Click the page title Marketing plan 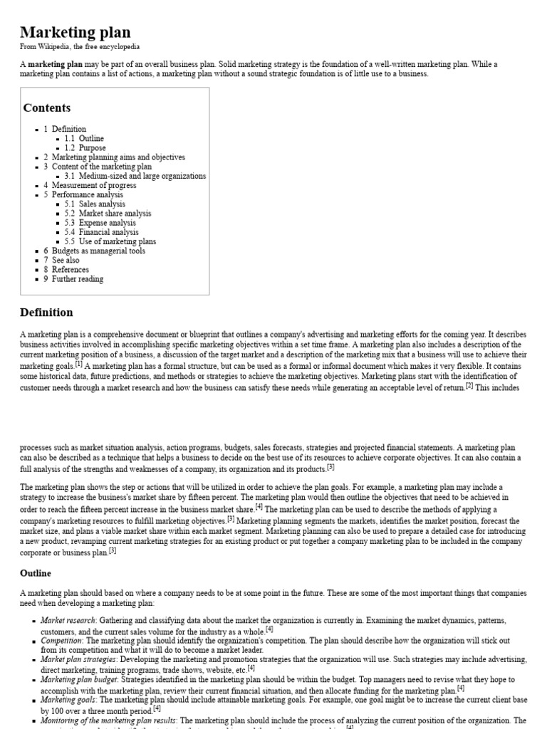(75, 32)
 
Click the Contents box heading (47, 108)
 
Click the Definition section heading (46, 313)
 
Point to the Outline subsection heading (36, 573)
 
